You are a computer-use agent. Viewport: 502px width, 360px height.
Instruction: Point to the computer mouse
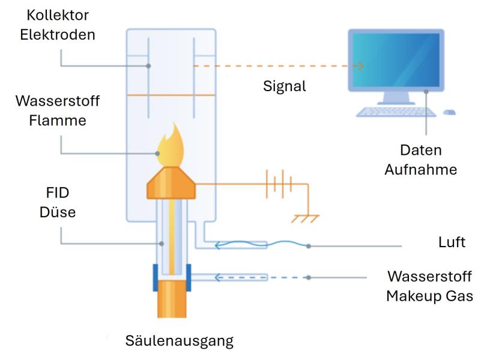[x=449, y=112]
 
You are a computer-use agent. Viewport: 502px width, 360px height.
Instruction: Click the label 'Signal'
[x=285, y=86]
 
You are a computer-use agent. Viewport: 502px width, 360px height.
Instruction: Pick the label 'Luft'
[x=452, y=242]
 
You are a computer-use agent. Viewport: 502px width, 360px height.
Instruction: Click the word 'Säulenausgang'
[x=179, y=341]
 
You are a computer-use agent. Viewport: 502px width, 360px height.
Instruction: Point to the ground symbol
[x=306, y=218]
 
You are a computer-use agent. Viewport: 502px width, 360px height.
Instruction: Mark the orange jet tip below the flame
[x=171, y=184]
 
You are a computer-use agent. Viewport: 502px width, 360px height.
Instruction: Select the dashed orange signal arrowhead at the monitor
[x=361, y=67]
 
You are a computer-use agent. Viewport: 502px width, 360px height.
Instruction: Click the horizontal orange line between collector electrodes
[x=171, y=95]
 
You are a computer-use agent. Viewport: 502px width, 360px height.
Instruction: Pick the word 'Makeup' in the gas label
[x=412, y=295]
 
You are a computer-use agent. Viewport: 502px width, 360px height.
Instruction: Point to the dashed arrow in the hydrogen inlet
[x=240, y=277]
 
